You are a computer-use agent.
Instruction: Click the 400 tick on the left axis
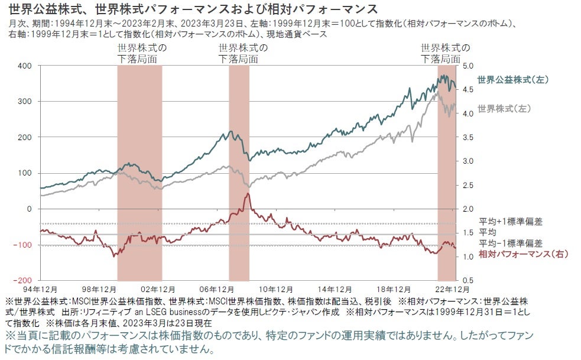[x=24, y=66]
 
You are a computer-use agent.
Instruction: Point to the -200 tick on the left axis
[x=22, y=280]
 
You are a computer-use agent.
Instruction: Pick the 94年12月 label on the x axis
[x=40, y=289]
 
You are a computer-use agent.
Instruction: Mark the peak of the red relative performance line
[x=248, y=193]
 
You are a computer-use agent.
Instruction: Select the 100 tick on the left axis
[x=24, y=173]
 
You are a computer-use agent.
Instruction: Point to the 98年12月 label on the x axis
[x=99, y=289]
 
